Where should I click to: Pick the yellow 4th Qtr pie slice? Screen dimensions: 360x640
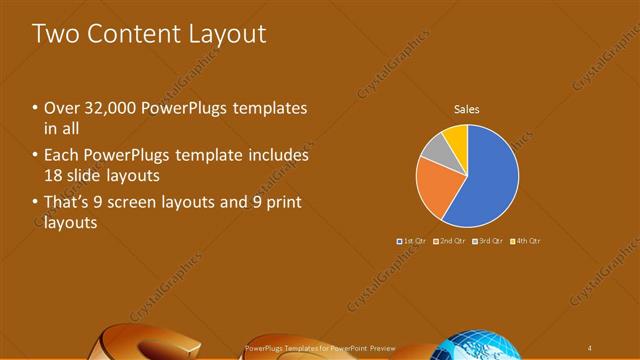pos(455,135)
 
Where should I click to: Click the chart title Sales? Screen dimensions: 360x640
pos(468,108)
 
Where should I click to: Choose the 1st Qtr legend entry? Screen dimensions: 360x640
pos(413,241)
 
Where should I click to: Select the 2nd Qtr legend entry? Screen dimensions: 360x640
pos(450,241)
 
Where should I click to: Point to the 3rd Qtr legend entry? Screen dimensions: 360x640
pos(487,241)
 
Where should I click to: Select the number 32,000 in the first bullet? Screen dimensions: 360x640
pos(110,108)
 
